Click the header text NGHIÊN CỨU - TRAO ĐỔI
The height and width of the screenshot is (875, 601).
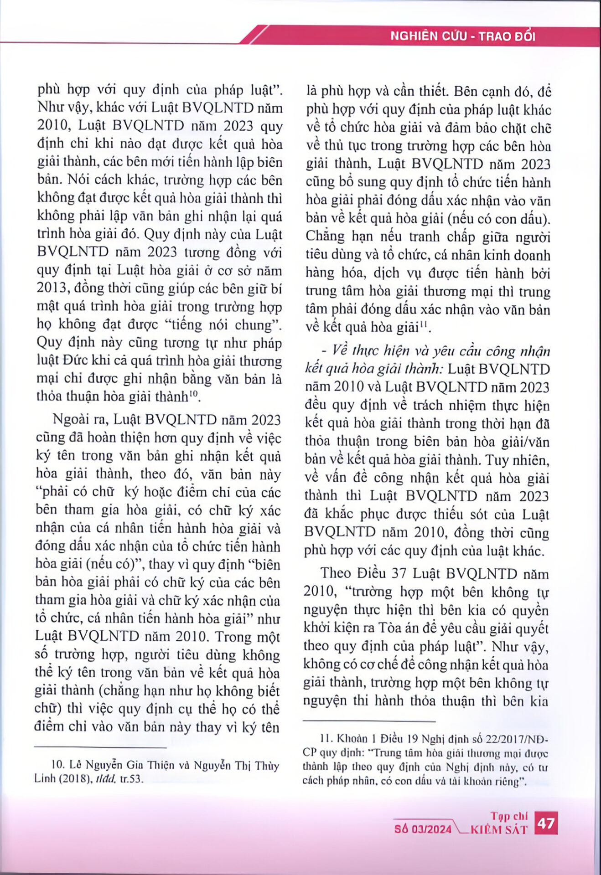pyautogui.click(x=462, y=36)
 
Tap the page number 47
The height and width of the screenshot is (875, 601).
pyautogui.click(x=545, y=824)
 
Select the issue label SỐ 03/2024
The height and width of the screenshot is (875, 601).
pyautogui.click(x=423, y=829)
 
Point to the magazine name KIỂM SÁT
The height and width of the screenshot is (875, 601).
pyautogui.click(x=499, y=829)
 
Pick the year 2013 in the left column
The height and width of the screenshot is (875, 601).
pyautogui.click(x=52, y=288)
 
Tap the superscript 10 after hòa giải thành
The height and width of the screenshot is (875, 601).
pyautogui.click(x=194, y=393)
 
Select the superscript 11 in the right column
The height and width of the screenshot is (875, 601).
pyautogui.click(x=424, y=324)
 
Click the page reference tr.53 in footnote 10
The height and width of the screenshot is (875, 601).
pyautogui.click(x=132, y=778)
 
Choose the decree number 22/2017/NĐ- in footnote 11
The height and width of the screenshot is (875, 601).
pyautogui.click(x=519, y=738)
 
